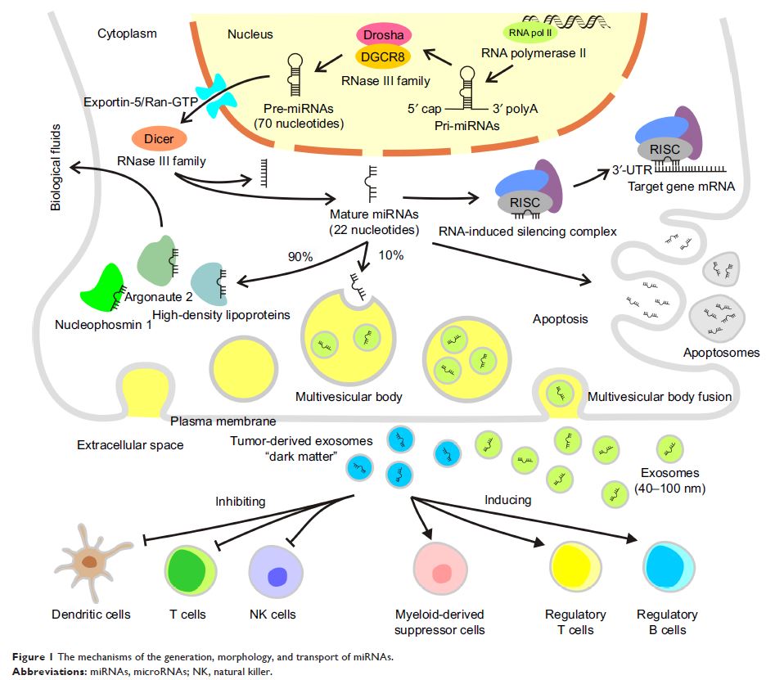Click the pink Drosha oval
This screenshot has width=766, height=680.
point(384,35)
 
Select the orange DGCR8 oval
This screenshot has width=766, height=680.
point(384,56)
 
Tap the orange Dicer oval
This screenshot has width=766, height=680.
point(159,139)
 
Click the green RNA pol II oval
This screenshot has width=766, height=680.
point(525,32)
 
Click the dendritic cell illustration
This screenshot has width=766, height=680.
point(88,564)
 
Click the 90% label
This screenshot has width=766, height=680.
point(300,256)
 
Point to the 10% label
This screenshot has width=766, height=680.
point(391,256)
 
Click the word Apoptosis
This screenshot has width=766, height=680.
point(560,319)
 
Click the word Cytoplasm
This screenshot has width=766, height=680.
point(127,34)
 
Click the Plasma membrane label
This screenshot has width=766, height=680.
point(223,421)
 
